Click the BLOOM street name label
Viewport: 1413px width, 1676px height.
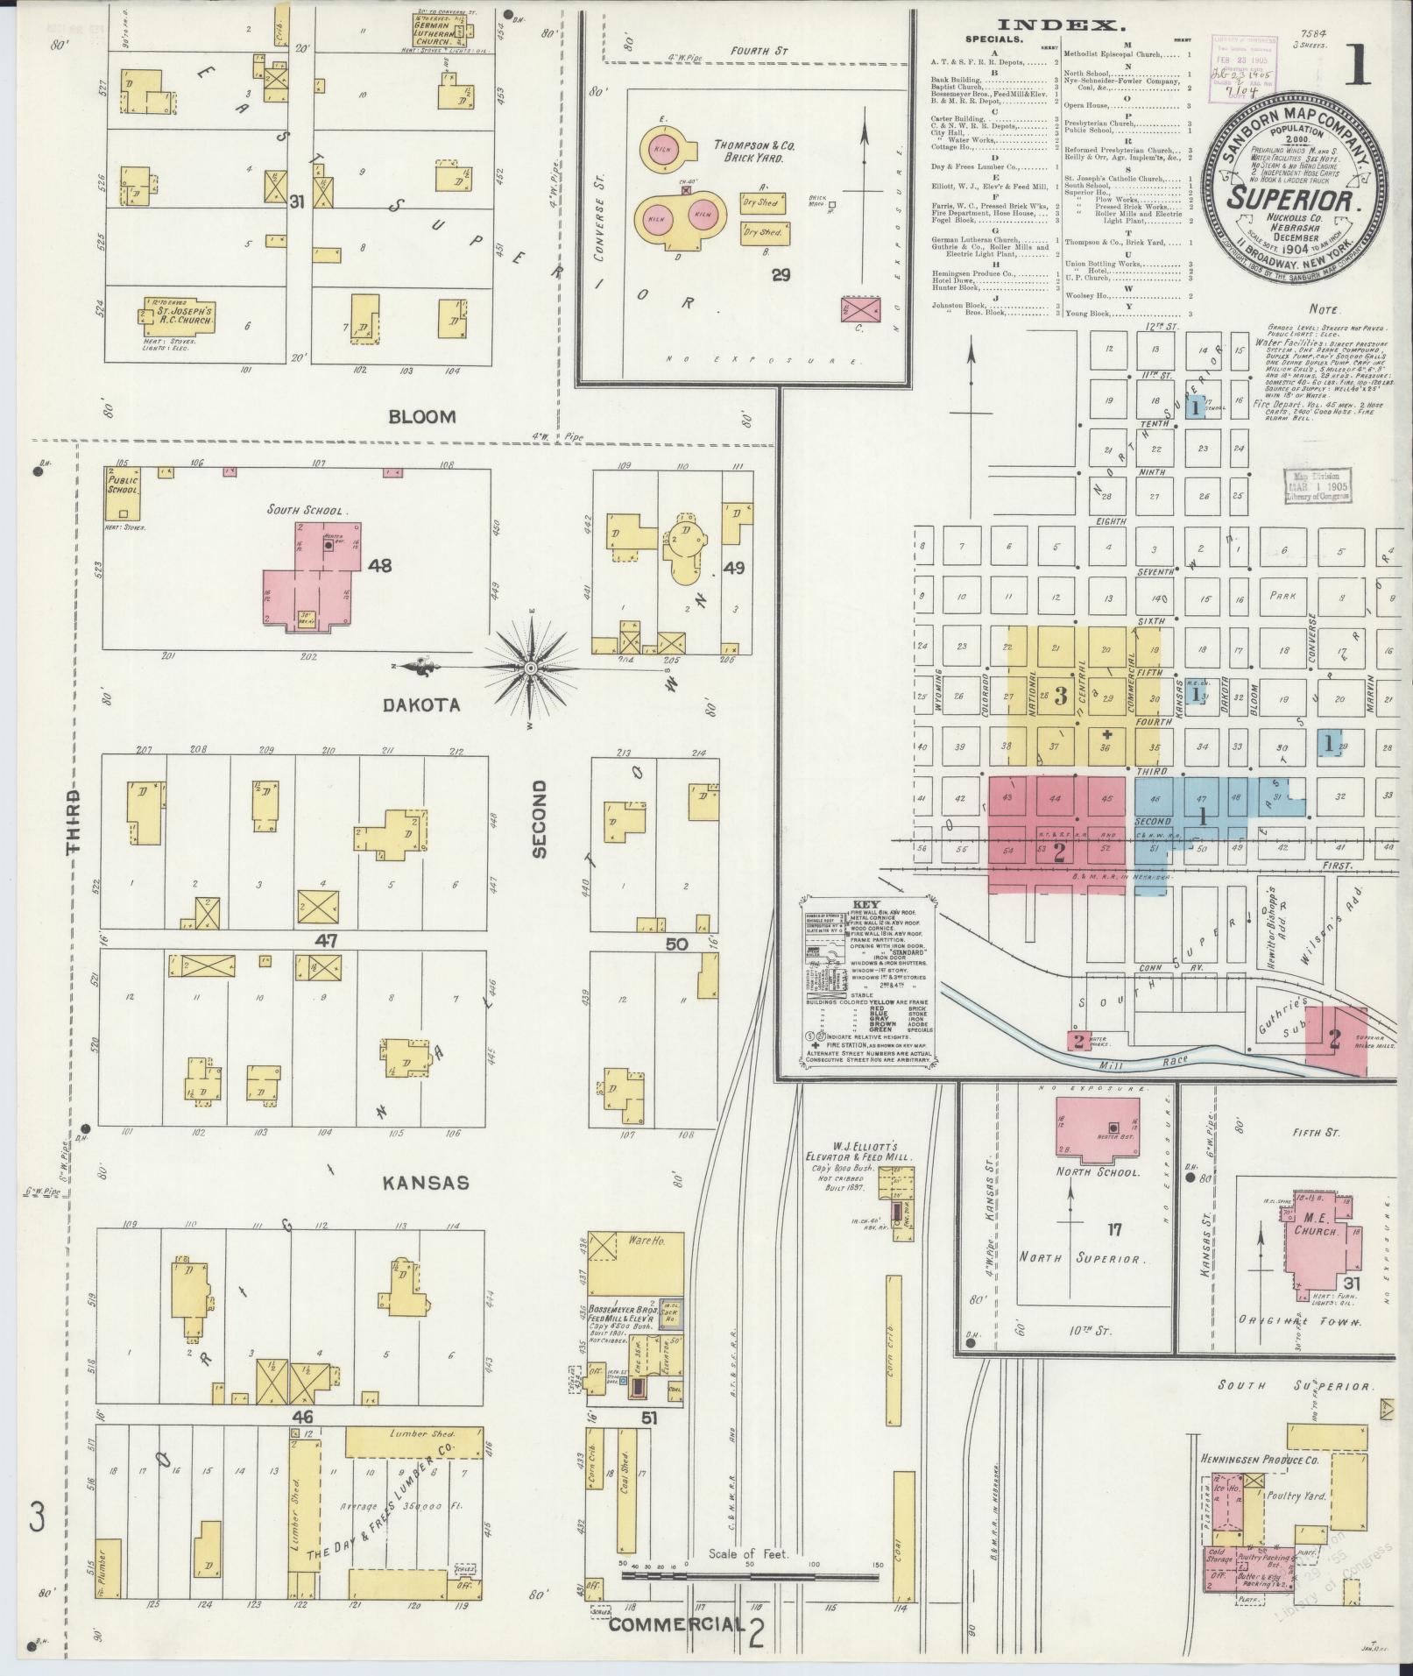click(x=422, y=417)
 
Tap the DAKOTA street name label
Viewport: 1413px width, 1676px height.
click(x=420, y=704)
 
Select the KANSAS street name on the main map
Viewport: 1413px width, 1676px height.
click(x=426, y=1183)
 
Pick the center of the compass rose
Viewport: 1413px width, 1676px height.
click(x=530, y=668)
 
